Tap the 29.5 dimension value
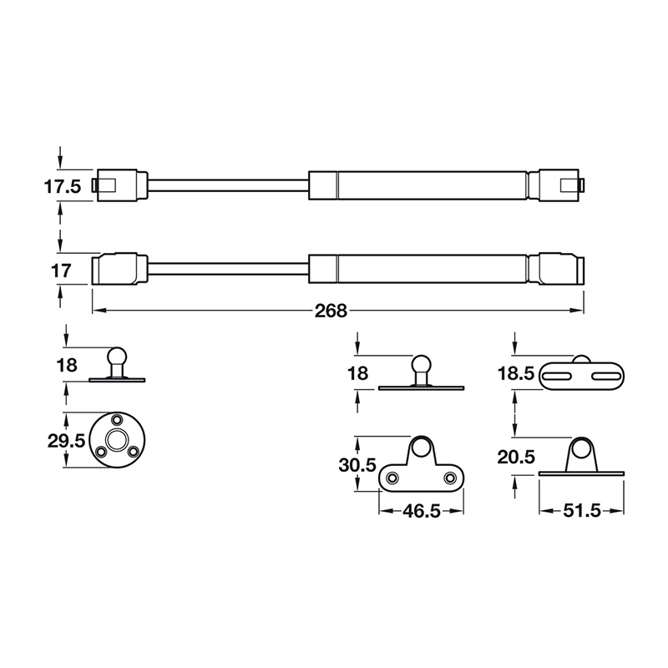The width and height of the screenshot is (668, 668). coord(66,439)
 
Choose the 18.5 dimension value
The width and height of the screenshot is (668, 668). coord(515,376)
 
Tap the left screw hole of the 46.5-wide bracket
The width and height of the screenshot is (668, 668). coord(390,478)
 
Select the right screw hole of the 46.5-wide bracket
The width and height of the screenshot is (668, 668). coord(451,478)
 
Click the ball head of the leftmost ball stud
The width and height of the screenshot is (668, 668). coord(116,357)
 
